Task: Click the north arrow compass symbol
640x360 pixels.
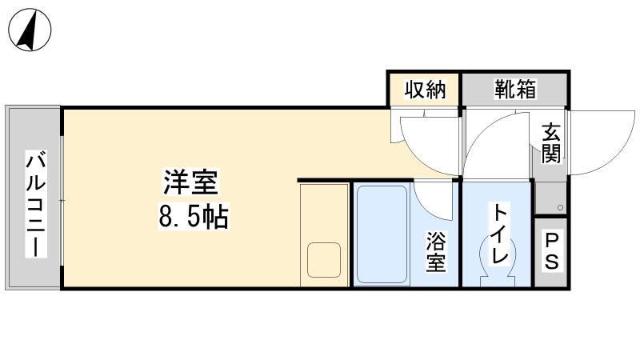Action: coord(30,30)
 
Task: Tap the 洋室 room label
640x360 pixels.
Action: coord(191,182)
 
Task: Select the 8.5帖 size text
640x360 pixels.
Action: coord(194,216)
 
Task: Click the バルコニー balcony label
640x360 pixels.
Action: coord(36,204)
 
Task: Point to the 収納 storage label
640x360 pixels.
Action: coord(425,90)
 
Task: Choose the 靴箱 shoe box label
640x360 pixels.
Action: coord(515,89)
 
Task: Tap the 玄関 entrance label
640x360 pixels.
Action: coord(551,143)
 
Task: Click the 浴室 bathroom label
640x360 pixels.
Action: coord(436,251)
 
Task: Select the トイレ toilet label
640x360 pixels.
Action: coord(500,234)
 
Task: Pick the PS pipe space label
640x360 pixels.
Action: coord(551,251)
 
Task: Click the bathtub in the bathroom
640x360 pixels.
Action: coord(382,234)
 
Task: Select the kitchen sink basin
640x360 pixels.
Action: coord(324,260)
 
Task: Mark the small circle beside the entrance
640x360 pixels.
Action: coord(561,208)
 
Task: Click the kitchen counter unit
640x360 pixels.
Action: coord(325,235)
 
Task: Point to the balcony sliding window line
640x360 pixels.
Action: coord(62,201)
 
